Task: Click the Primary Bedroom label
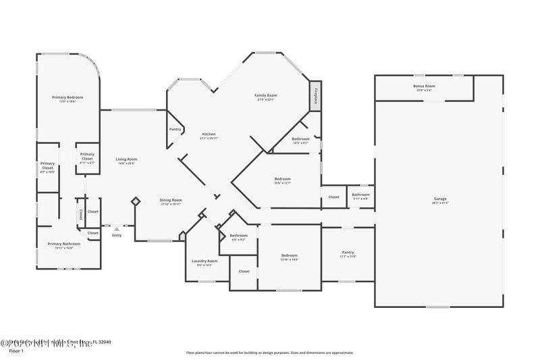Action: tap(67, 97)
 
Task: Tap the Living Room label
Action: tap(126, 159)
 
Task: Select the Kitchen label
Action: tap(209, 134)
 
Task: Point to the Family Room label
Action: tap(265, 95)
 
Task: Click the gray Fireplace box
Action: tap(315, 96)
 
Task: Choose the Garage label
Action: tap(440, 199)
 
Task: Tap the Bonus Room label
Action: tap(424, 86)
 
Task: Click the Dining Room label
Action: tap(171, 200)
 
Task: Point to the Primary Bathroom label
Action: tap(63, 244)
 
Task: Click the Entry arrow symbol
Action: tap(116, 229)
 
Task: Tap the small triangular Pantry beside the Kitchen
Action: tap(175, 129)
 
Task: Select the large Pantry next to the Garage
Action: tap(348, 253)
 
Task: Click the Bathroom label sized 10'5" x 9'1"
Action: tap(300, 139)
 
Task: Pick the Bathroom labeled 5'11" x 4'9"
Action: tap(360, 195)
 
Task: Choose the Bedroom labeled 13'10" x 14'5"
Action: tap(289, 255)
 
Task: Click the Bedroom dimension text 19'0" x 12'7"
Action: tap(282, 182)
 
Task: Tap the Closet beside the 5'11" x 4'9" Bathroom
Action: tap(334, 197)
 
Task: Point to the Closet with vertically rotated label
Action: tap(80, 215)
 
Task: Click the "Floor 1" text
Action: tap(16, 351)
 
